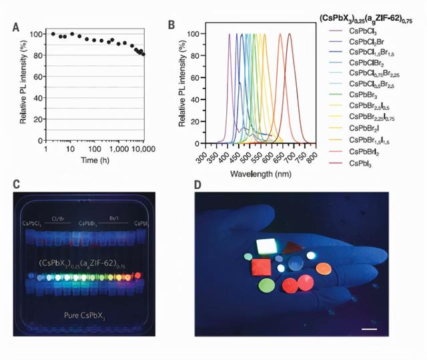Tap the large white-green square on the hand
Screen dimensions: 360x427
267,247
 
